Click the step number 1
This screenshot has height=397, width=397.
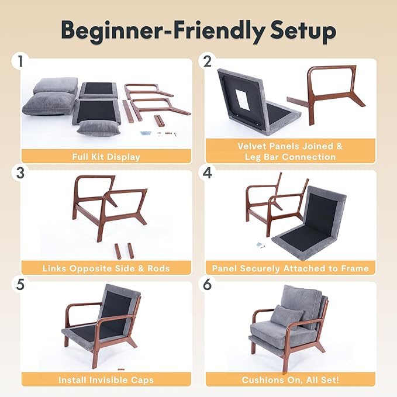(21, 61)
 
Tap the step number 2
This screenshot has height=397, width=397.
(206, 61)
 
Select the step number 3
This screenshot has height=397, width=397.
(21, 173)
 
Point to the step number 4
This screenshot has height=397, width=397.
(206, 173)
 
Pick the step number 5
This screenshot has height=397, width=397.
(21, 285)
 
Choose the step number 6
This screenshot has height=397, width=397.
(206, 285)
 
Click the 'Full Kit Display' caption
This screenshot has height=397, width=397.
(106, 156)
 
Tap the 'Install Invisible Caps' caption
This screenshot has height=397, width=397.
(106, 379)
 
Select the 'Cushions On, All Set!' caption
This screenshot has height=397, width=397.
(290, 379)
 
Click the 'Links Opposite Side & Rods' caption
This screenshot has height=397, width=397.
(106, 268)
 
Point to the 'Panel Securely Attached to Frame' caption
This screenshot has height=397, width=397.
(290, 268)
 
